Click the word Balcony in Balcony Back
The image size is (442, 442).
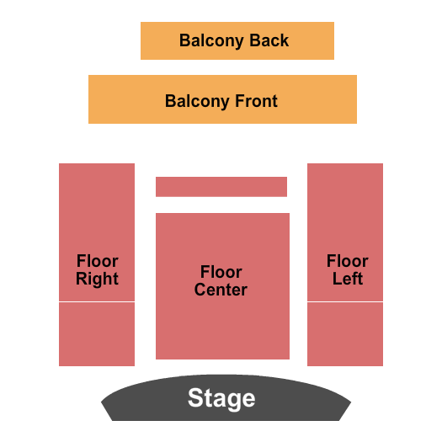tap(211, 41)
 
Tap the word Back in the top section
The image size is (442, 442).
tap(269, 40)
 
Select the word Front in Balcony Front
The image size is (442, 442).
tap(256, 101)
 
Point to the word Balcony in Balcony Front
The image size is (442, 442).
tap(197, 102)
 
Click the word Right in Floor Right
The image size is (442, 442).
tap(97, 280)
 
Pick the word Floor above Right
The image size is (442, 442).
tap(98, 261)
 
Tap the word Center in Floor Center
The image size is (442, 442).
tap(221, 290)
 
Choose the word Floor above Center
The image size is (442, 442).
tap(221, 272)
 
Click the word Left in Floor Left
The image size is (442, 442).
tap(348, 279)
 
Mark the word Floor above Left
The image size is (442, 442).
tap(347, 261)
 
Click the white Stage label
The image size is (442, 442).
tap(221, 398)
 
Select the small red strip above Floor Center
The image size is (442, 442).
tap(221, 187)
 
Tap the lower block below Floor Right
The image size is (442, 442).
tap(97, 334)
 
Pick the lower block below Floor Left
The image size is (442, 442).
tap(345, 334)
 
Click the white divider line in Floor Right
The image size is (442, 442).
tap(97, 301)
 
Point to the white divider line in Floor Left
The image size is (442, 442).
tap(345, 301)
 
